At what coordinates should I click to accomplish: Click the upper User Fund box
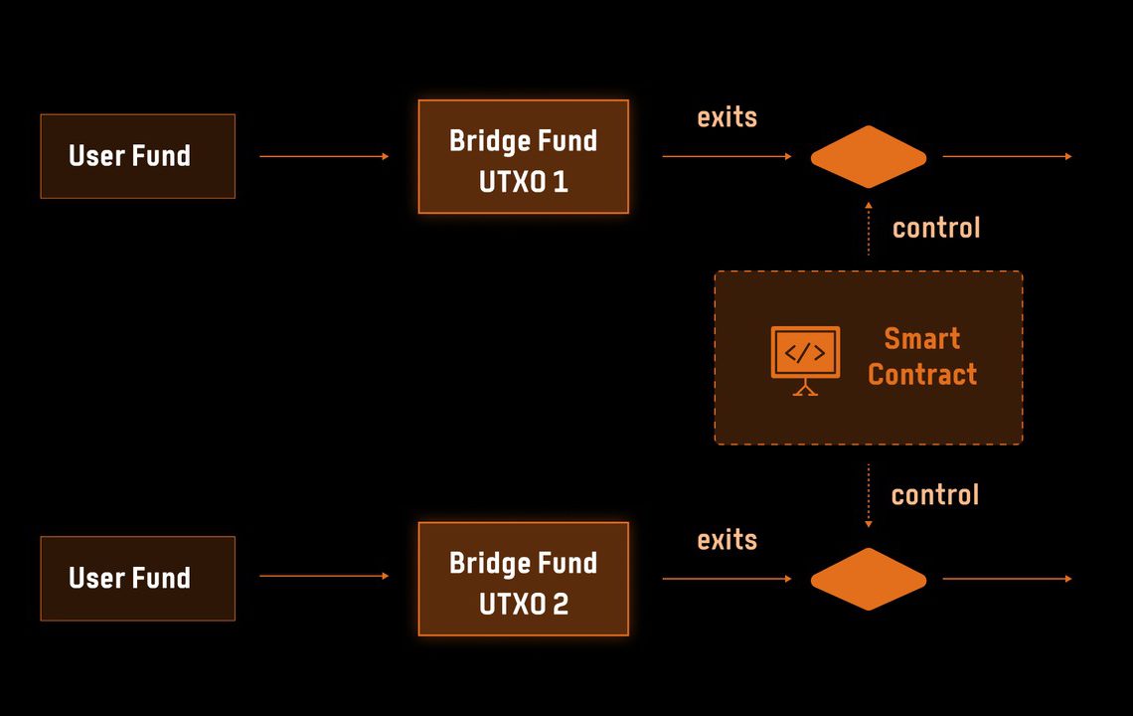pos(137,156)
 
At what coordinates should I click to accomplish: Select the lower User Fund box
pos(137,579)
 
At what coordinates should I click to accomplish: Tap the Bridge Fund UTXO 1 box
pos(523,157)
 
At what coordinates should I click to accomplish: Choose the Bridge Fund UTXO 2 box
pos(523,579)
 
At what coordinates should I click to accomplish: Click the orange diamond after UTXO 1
pos(868,157)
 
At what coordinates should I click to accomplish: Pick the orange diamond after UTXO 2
pos(868,579)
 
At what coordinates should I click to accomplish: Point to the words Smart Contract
pos(922,357)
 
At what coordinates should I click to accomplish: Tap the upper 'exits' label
pos(727,117)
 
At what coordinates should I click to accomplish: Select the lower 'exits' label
pos(727,540)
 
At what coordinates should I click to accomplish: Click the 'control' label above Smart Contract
pos(936,228)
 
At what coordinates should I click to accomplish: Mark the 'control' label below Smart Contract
pos(934,495)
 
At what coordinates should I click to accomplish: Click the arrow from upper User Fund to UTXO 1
pos(324,156)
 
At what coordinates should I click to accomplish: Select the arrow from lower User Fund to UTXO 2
pos(324,576)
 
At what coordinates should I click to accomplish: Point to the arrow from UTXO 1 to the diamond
pos(727,156)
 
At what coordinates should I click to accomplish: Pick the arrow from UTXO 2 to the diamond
pos(727,578)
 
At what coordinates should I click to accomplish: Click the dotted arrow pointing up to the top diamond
pos(869,229)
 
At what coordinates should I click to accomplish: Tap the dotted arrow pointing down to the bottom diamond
pos(869,495)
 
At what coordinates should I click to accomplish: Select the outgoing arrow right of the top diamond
pos(1007,156)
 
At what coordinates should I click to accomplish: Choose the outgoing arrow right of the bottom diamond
pos(1007,578)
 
